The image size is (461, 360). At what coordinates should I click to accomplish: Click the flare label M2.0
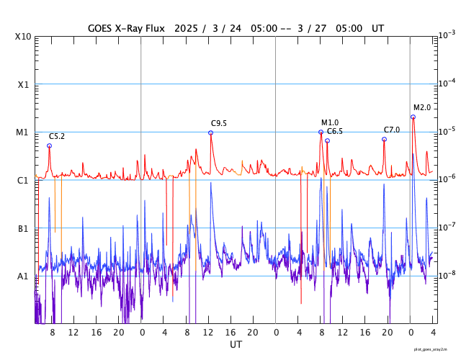[x=422, y=107]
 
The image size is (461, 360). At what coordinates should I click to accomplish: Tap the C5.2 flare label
[x=57, y=136]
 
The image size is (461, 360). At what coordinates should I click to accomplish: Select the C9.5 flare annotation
[x=219, y=123]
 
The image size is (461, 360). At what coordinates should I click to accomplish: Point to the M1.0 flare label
[x=330, y=122]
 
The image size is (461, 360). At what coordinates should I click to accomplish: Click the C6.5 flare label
[x=335, y=131]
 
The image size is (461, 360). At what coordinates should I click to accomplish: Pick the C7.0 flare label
[x=392, y=130]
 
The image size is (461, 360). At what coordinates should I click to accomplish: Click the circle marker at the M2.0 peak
[x=413, y=117]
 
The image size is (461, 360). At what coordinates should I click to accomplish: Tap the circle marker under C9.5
[x=210, y=132]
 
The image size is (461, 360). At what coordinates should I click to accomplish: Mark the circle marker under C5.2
[x=49, y=145]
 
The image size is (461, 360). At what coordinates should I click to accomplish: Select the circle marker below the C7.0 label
[x=384, y=139]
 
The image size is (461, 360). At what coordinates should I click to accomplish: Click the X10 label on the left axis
[x=23, y=37]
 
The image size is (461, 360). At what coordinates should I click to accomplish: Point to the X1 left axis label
[x=23, y=84]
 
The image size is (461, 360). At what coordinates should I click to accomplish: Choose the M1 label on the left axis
[x=23, y=132]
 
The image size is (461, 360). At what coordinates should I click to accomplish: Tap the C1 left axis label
[x=23, y=180]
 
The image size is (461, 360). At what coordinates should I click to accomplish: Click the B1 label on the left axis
[x=23, y=228]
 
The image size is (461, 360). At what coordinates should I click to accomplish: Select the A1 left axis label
[x=23, y=276]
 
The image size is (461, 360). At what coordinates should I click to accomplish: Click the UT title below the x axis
[x=236, y=345]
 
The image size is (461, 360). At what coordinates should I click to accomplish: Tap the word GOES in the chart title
[x=100, y=28]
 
